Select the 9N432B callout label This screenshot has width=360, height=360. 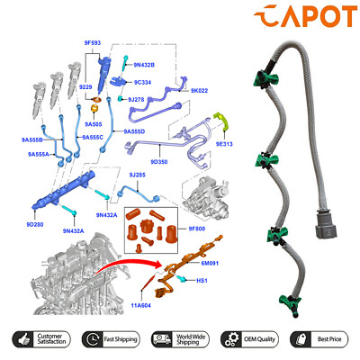[x=144, y=64]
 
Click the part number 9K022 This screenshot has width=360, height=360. [x=199, y=90]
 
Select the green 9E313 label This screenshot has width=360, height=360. [x=225, y=143]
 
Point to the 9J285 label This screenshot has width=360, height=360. [x=137, y=175]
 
